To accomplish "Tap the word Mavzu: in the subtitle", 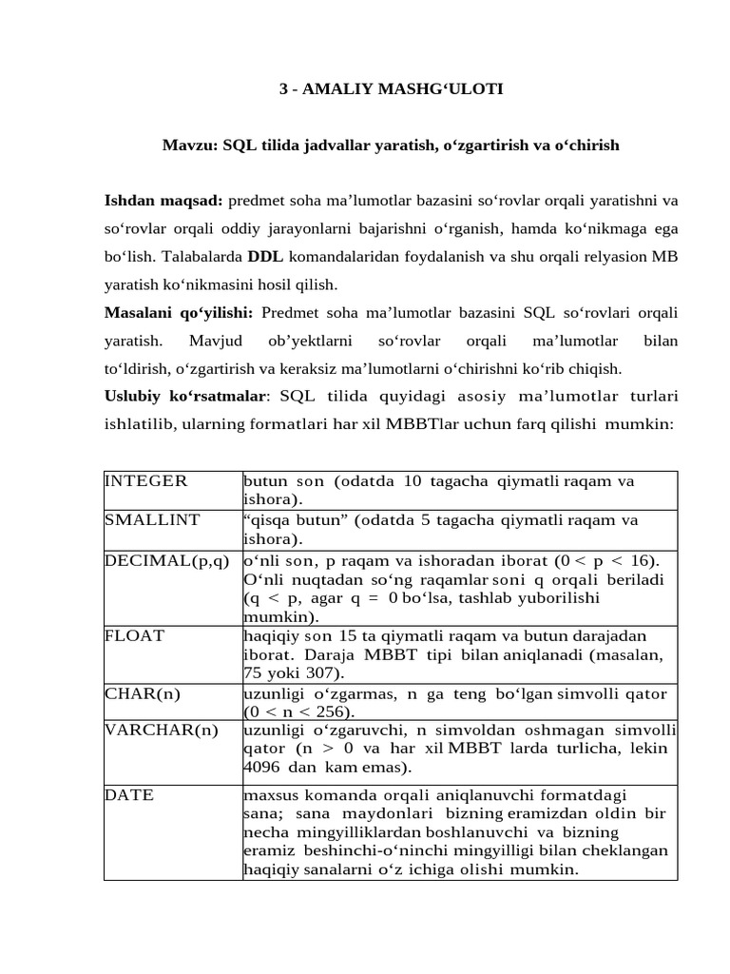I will tap(188, 146).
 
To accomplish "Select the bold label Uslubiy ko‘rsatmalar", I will tap(182, 396).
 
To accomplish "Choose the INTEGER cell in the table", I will tap(146, 481).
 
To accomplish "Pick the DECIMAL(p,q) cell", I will tap(167, 560).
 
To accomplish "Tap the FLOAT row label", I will tap(134, 634).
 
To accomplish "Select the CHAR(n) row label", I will tap(143, 693).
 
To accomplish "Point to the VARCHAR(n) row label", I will tap(161, 730).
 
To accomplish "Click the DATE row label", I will tap(129, 795).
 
